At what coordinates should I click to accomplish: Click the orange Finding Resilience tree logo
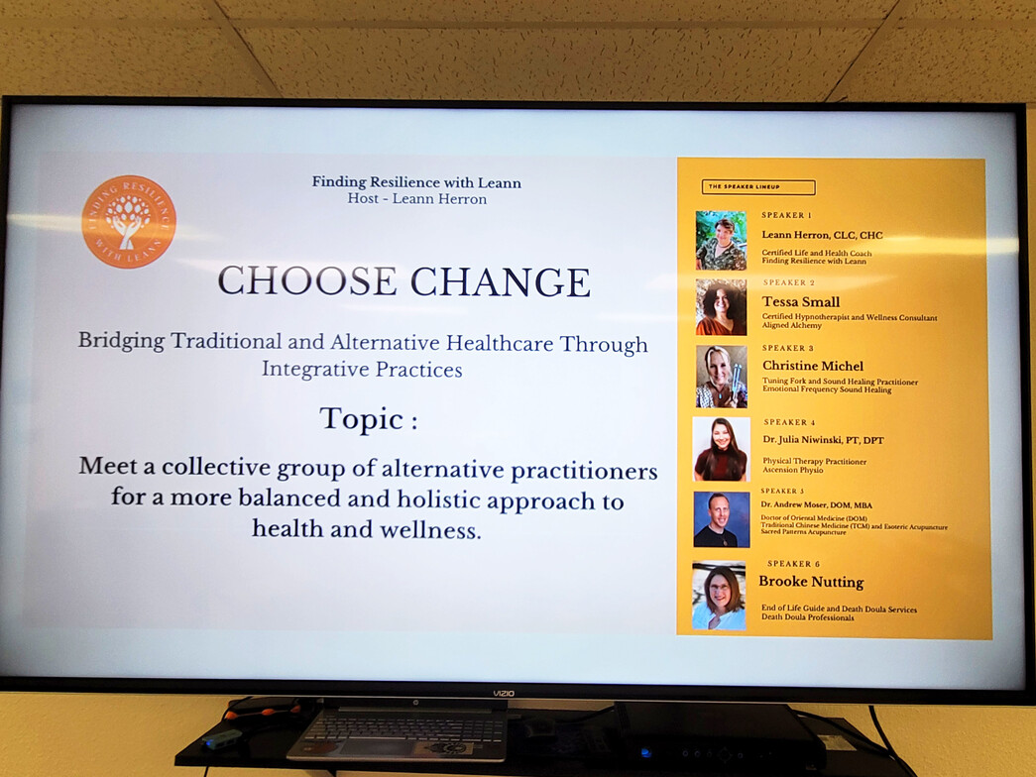[x=129, y=222]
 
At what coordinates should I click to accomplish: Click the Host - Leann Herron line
[x=416, y=198]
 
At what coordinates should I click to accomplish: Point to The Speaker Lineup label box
[x=757, y=187]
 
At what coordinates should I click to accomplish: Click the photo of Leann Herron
[x=721, y=241]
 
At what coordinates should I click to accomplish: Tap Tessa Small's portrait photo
[x=721, y=307]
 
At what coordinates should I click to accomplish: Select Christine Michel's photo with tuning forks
[x=721, y=377]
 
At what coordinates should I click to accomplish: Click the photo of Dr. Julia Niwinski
[x=721, y=449]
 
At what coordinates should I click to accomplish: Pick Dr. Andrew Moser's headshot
[x=721, y=519]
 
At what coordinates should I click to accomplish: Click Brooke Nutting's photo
[x=719, y=596]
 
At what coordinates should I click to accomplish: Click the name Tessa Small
[x=801, y=302]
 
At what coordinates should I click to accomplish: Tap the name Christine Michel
[x=813, y=366]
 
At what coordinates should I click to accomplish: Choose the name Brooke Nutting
[x=811, y=582]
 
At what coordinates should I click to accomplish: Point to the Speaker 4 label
[x=790, y=422]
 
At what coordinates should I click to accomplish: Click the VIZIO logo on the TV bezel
[x=505, y=694]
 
